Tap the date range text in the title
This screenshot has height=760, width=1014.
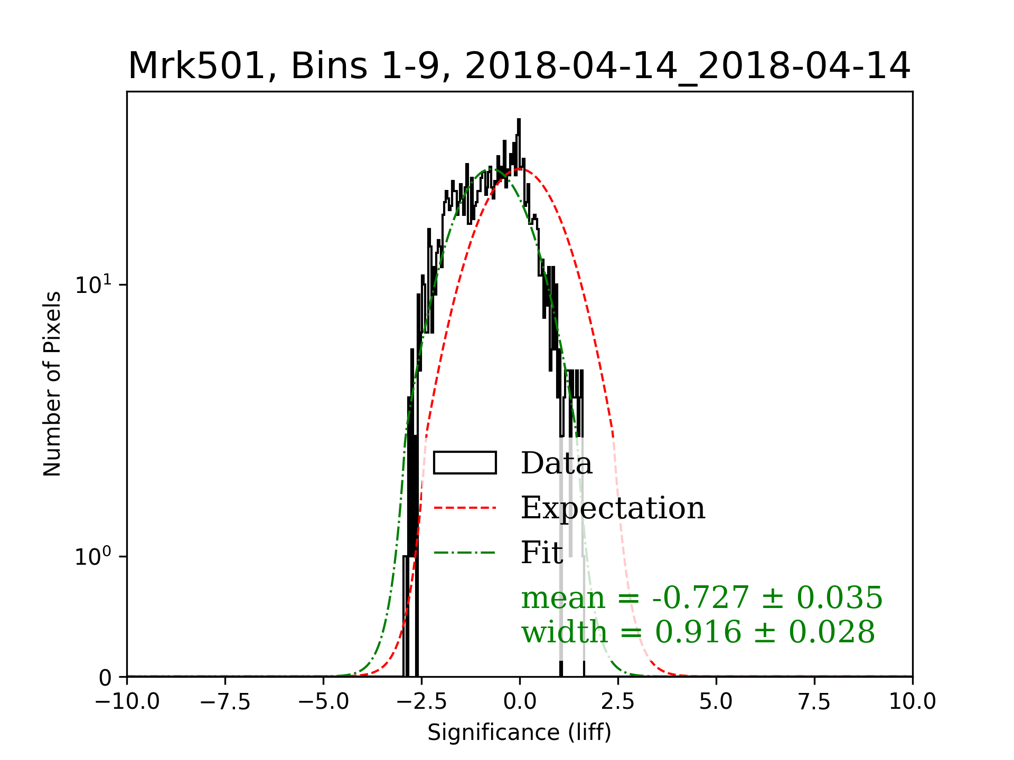coord(687,66)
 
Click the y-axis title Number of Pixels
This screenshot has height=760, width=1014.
coord(52,384)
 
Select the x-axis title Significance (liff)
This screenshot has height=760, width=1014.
coord(519,733)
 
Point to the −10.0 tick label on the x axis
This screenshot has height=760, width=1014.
coord(127,702)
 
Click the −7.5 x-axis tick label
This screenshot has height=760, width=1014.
coord(226,702)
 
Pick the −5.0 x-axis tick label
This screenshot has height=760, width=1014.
coord(324,702)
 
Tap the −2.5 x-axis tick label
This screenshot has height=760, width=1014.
coord(422,702)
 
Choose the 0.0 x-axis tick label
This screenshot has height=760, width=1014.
coord(520,702)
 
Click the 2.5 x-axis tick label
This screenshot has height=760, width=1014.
coord(618,702)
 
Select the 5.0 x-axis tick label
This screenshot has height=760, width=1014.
coord(716,702)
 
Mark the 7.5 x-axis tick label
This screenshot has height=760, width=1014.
coord(814,702)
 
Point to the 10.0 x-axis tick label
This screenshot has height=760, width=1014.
coord(912,702)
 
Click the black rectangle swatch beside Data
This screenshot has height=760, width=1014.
coord(465,463)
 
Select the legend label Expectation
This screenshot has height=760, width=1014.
coord(613,508)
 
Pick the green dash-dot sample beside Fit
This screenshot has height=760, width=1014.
coord(465,553)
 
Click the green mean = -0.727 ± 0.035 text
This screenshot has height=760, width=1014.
coord(701,597)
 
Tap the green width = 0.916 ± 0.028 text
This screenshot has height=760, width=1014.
coord(698,632)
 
